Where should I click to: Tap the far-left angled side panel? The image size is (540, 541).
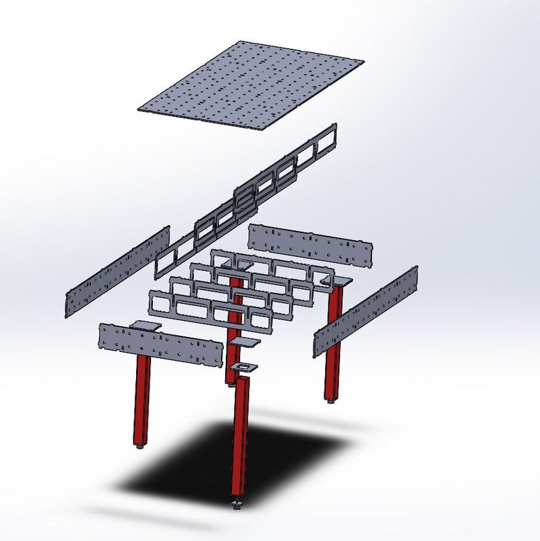[118, 271]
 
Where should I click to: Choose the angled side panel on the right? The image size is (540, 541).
[365, 311]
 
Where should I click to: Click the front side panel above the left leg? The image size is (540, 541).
[161, 345]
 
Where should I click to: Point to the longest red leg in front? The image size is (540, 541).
[240, 435]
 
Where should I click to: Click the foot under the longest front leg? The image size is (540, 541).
[237, 504]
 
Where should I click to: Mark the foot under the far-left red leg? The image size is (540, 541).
[139, 447]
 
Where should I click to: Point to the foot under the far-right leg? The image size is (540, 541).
[331, 401]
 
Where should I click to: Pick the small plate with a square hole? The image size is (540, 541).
[243, 367]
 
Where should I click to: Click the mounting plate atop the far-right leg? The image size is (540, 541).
[339, 280]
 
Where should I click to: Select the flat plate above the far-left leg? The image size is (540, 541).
[145, 326]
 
